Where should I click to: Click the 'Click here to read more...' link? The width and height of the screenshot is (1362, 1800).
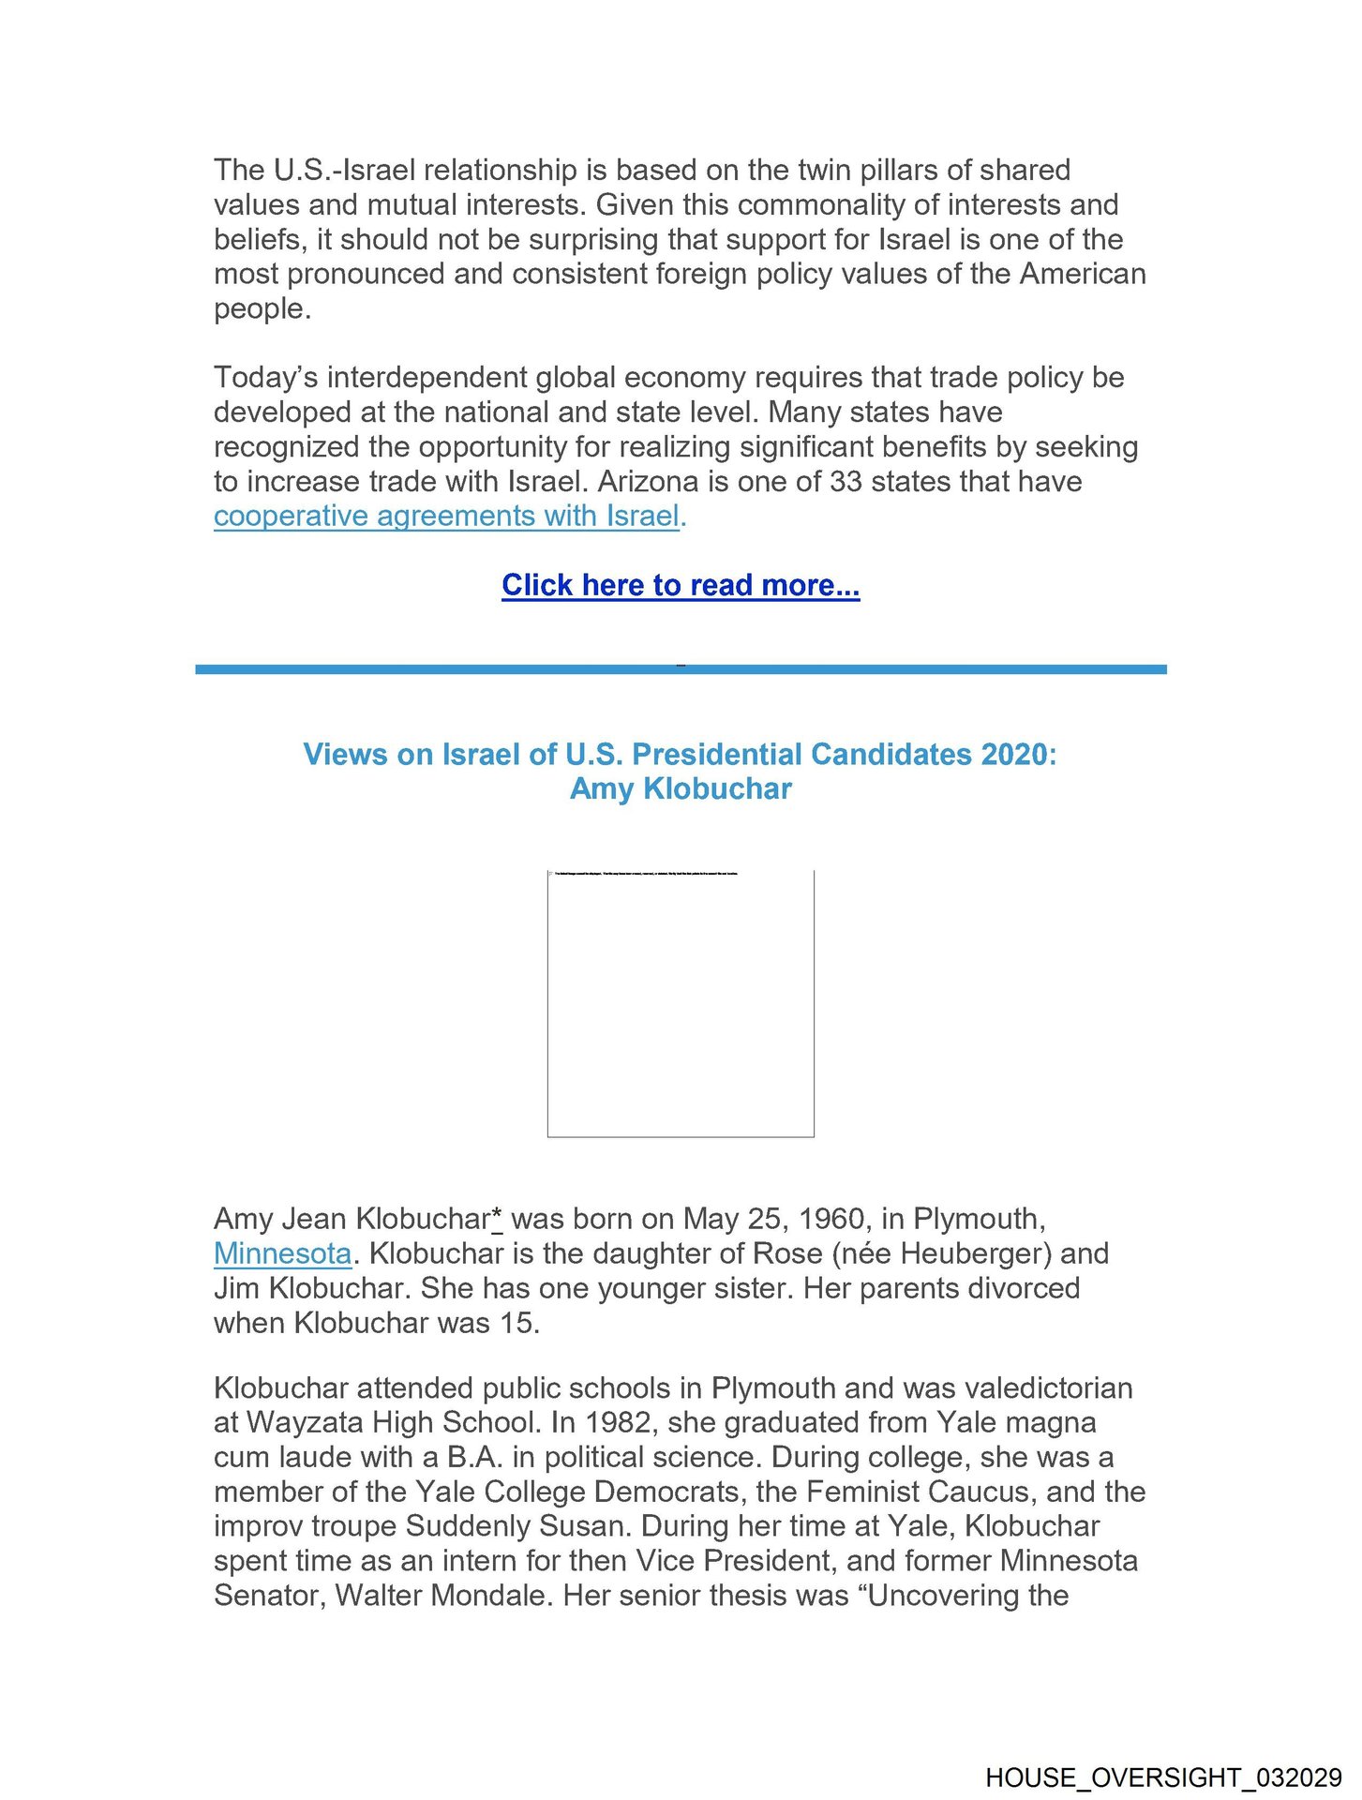tap(680, 585)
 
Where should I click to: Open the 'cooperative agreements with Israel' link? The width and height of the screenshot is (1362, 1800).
tap(446, 517)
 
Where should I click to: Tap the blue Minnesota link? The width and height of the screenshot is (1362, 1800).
tap(282, 1253)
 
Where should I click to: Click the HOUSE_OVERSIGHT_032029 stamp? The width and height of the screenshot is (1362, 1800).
tap(1163, 1777)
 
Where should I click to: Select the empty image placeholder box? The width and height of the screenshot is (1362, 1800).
tap(681, 1004)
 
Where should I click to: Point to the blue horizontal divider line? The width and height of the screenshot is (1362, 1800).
tap(681, 669)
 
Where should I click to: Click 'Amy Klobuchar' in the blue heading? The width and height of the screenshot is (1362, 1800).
tap(681, 789)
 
